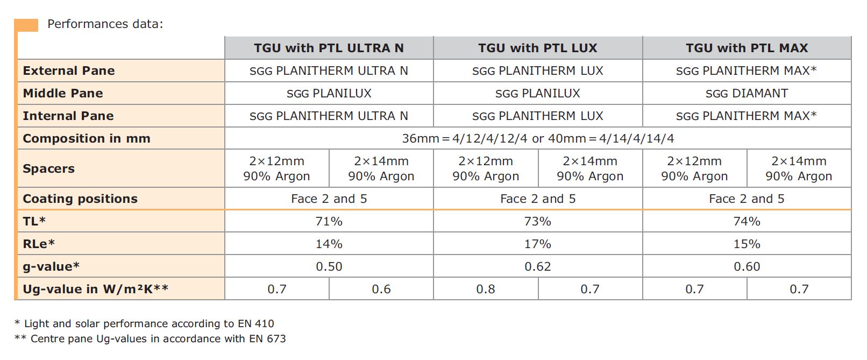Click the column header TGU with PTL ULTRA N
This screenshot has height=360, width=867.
[329, 48]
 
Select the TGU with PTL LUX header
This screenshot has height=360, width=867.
[537, 48]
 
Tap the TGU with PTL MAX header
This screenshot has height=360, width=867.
[747, 48]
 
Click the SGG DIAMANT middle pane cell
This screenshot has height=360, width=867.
[747, 93]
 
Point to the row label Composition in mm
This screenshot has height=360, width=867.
[87, 138]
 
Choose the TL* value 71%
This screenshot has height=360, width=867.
[329, 221]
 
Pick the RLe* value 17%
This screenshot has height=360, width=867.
[537, 244]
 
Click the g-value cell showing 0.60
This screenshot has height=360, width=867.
[747, 266]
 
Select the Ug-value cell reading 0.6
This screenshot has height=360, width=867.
[381, 289]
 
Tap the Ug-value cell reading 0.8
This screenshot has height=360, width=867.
[485, 289]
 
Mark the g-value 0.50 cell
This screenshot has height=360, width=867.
[329, 266]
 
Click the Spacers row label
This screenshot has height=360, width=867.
[48, 168]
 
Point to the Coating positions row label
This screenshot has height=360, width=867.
[80, 199]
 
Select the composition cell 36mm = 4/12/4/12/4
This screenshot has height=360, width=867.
[537, 138]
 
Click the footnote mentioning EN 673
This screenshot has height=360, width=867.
[151, 338]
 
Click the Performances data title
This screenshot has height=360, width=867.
[105, 24]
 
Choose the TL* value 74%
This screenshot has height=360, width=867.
[747, 221]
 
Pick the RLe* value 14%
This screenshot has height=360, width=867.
[329, 244]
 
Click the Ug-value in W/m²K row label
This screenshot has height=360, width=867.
[96, 289]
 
